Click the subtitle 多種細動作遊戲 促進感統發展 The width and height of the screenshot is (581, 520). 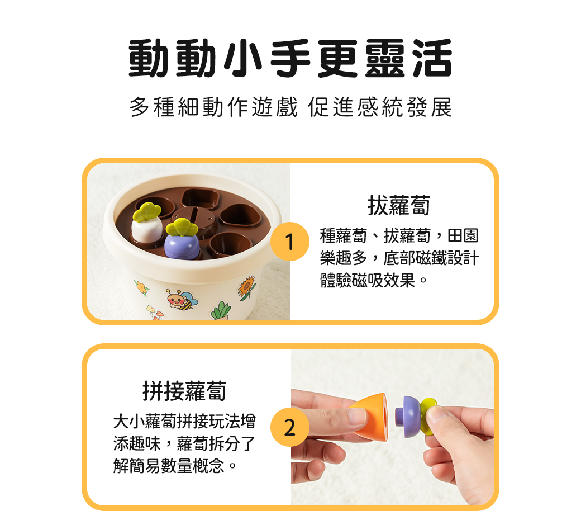pos(290,107)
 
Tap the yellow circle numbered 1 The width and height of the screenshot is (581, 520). pos(289,242)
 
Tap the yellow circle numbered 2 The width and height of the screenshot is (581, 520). pos(289,428)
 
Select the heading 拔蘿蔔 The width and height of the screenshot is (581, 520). pos(398,206)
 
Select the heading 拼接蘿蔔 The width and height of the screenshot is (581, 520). pos(184,391)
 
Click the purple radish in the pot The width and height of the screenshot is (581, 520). pos(180,246)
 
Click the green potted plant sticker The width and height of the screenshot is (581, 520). pos(221,310)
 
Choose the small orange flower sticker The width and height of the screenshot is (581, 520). pos(142,289)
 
